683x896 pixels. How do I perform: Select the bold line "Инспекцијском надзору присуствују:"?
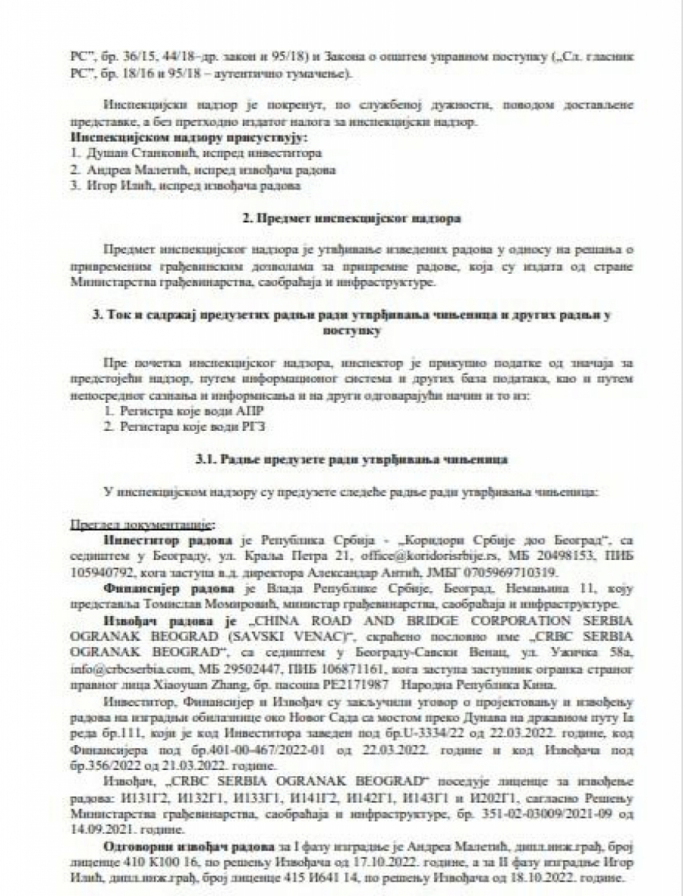click(164, 137)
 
